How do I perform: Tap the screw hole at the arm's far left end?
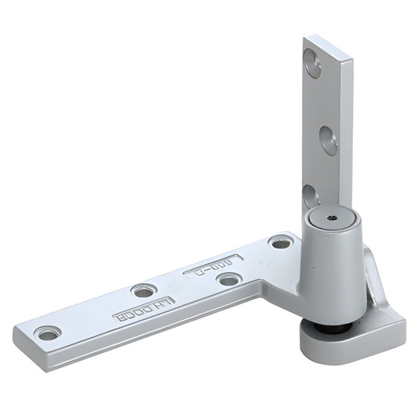49,333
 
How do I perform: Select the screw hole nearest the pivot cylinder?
280,242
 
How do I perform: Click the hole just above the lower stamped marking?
143,291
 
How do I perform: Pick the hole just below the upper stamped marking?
229,279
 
